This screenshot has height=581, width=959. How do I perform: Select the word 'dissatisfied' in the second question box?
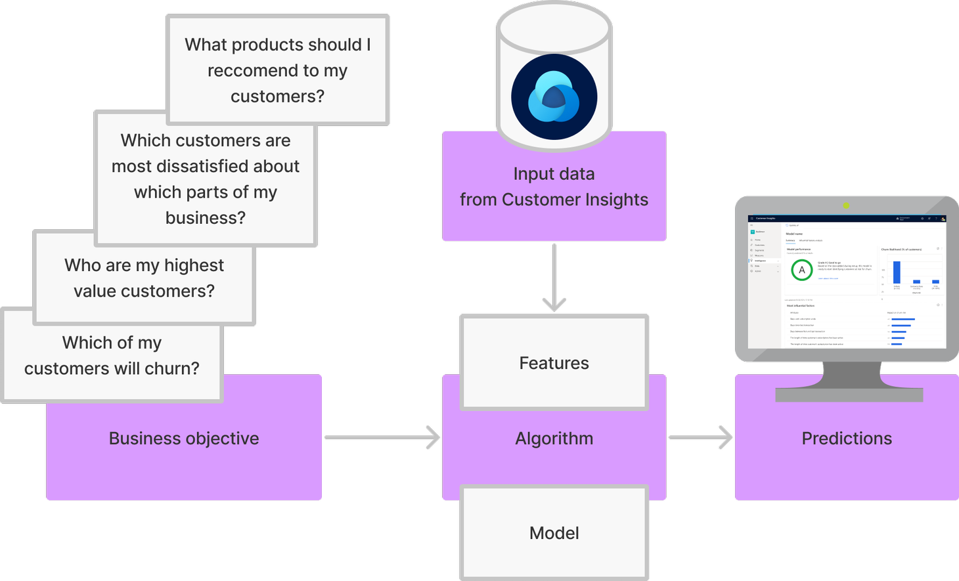(x=206, y=166)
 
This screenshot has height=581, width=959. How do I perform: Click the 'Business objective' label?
(x=184, y=439)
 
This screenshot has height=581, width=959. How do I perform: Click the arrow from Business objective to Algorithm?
(x=382, y=437)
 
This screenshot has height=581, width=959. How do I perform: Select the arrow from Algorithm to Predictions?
(x=700, y=437)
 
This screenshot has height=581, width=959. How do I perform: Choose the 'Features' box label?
(x=554, y=363)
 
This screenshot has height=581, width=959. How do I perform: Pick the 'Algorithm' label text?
(x=554, y=439)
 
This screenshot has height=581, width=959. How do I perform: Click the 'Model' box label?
(x=554, y=533)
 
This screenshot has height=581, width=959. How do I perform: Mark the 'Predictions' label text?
(x=847, y=439)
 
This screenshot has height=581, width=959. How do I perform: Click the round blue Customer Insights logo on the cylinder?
(x=554, y=97)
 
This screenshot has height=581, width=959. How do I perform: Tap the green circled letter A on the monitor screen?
(x=801, y=270)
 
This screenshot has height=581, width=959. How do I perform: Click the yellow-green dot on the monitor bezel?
(x=846, y=205)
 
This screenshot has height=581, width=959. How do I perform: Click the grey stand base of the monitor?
(x=849, y=394)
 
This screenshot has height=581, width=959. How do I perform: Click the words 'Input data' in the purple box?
(x=554, y=174)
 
